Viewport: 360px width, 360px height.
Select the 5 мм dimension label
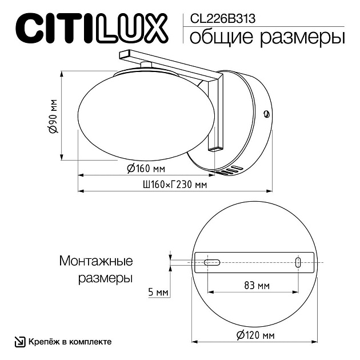158,293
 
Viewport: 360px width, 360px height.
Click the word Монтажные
96,262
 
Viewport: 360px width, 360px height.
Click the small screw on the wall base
265,113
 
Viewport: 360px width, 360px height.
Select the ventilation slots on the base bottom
230,170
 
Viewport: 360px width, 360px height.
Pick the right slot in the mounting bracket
298,262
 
